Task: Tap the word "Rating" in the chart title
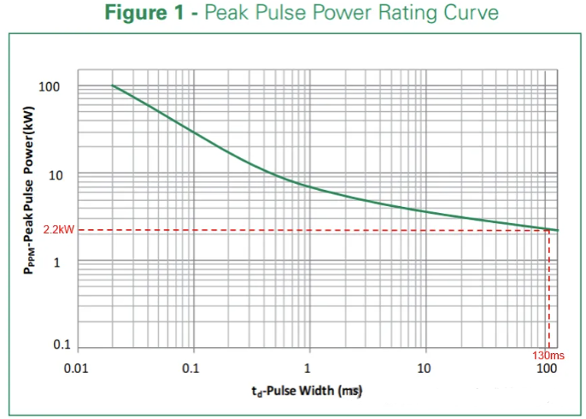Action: coord(399,14)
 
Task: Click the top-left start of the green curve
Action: coord(113,86)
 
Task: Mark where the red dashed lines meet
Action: coord(548,230)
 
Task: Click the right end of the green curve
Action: coord(558,230)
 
